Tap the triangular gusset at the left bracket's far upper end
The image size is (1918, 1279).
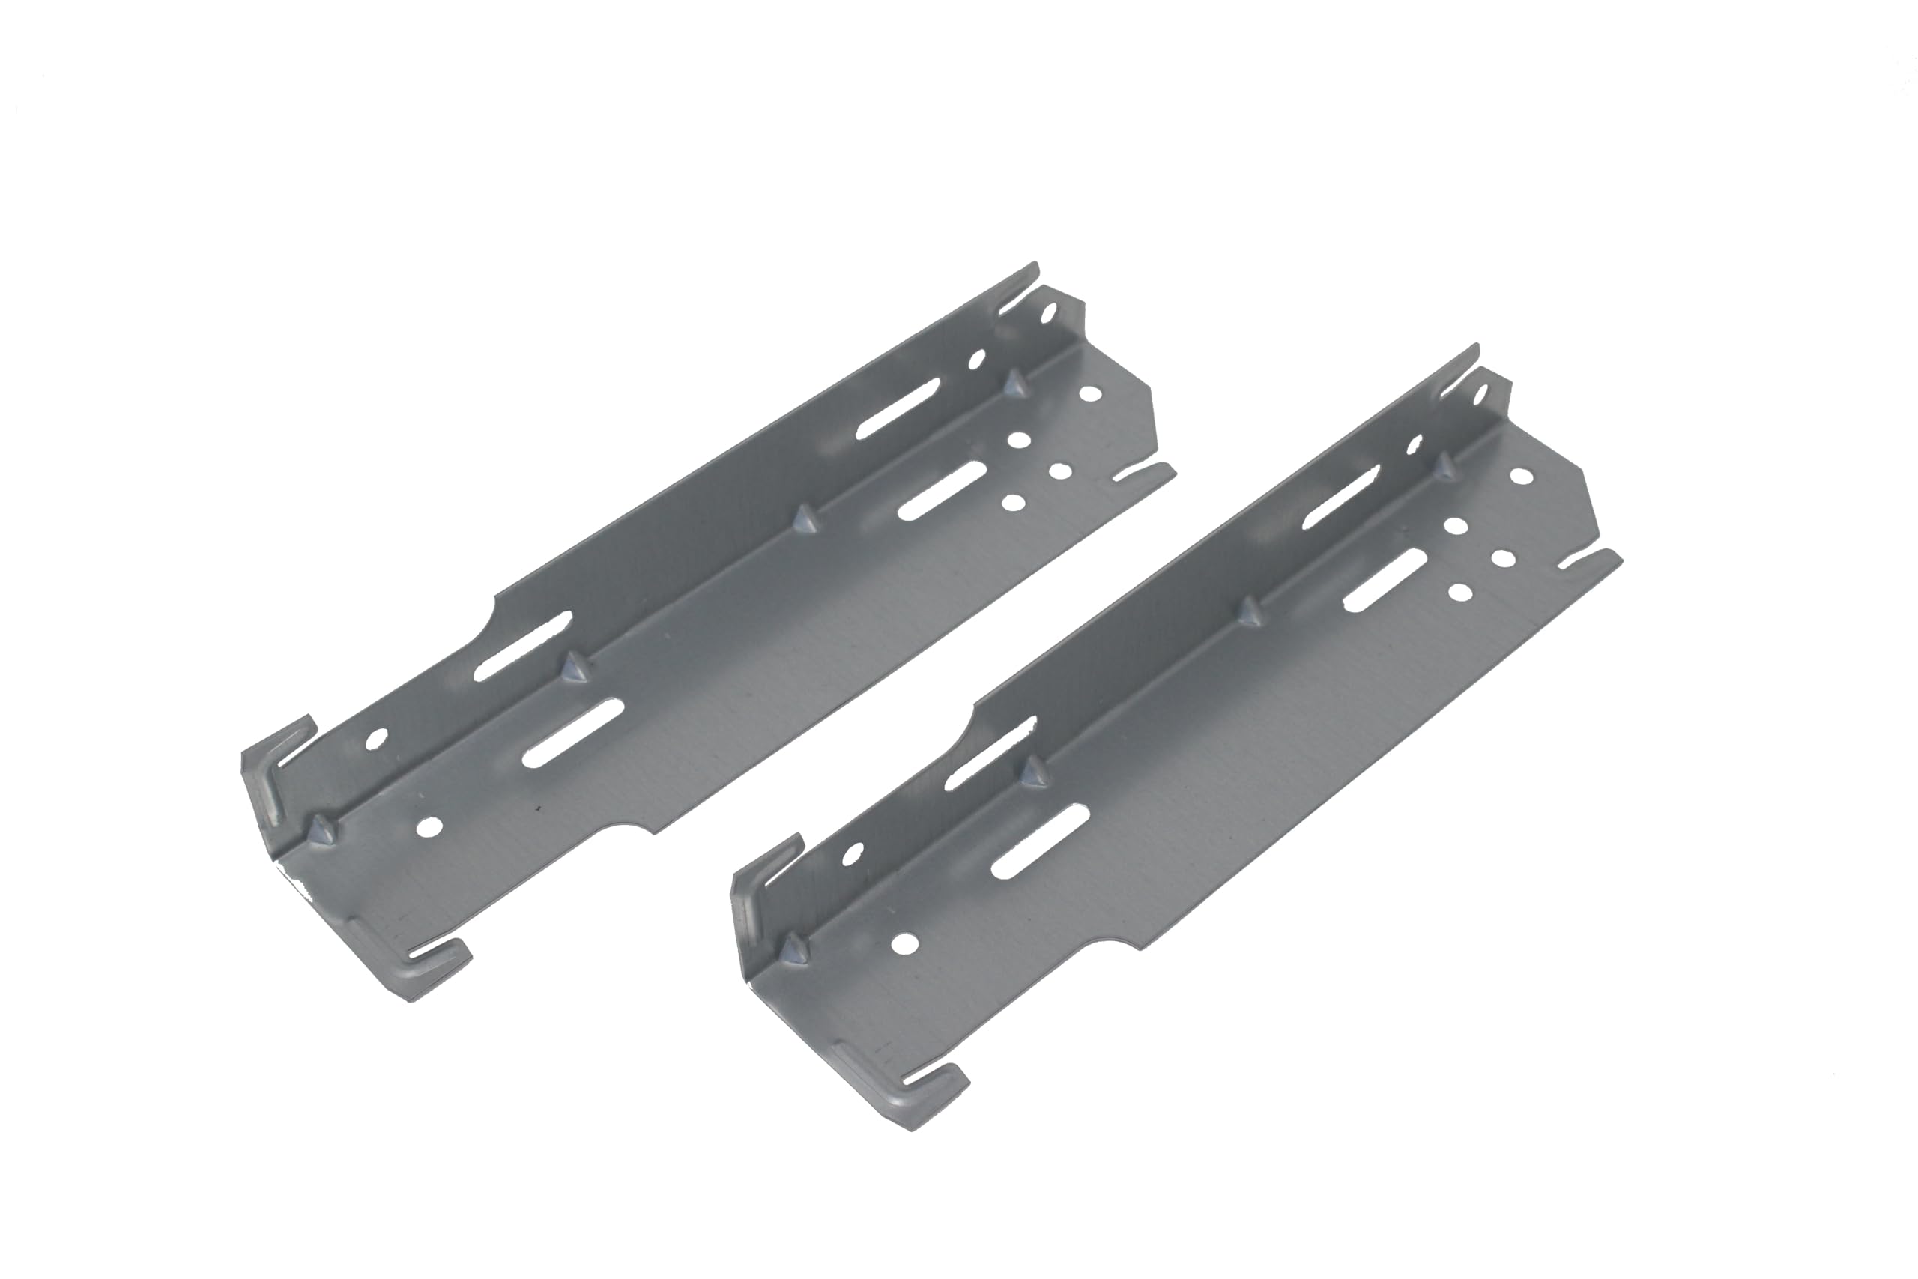coord(1014,384)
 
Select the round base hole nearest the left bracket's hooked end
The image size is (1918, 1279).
coord(427,827)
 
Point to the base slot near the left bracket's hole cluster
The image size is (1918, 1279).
coord(943,490)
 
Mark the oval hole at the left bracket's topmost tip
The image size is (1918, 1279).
coord(1050,311)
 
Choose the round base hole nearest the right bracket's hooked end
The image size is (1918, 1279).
coord(904,944)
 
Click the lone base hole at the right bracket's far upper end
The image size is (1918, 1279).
coord(1519,475)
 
